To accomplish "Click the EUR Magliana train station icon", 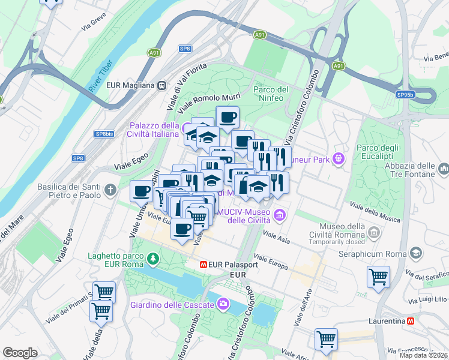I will pyautogui.click(x=162, y=85).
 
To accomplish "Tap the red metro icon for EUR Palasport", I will pyautogui.click(x=204, y=263).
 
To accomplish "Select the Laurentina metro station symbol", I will pyautogui.click(x=411, y=321).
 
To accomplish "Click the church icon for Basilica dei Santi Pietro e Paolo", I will pyautogui.click(x=110, y=190).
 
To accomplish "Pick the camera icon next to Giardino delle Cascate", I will pyautogui.click(x=223, y=304).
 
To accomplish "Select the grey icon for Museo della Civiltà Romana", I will pyautogui.click(x=374, y=232).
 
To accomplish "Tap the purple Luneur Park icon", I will pyautogui.click(x=339, y=160).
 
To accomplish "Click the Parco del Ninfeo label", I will pyautogui.click(x=271, y=94).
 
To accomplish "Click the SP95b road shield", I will pyautogui.click(x=405, y=94).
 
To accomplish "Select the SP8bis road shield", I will pyautogui.click(x=104, y=134).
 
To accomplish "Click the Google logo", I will pyautogui.click(x=20, y=353).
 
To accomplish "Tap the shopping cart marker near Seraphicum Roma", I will pyautogui.click(x=378, y=277).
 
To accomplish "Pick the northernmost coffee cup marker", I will pyautogui.click(x=228, y=117).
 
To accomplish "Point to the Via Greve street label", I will pyautogui.click(x=94, y=26).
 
